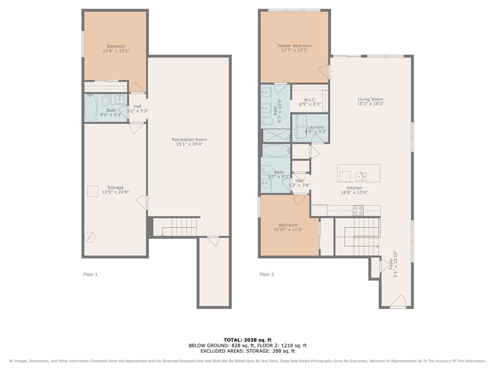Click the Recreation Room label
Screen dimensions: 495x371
tap(189, 140)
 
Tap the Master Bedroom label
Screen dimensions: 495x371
tap(294, 46)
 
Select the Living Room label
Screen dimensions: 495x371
tap(370, 99)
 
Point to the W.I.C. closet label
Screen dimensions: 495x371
tap(310, 100)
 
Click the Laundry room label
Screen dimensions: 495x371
tap(316, 127)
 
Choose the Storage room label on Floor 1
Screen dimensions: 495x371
tap(115, 187)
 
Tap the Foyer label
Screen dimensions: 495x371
tap(391, 264)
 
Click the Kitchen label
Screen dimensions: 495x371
tap(354, 188)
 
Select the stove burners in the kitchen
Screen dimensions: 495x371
tap(358, 211)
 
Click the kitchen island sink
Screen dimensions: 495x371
tap(361, 176)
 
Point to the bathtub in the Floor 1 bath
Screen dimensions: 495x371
tap(90, 108)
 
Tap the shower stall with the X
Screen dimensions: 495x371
tap(276, 135)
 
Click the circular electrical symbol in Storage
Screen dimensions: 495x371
tap(90, 237)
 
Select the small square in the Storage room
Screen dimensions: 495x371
tap(93, 191)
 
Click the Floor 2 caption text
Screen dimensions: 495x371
tap(267, 274)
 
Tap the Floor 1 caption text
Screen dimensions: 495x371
tap(90, 274)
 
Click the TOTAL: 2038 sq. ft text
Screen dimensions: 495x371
tap(247, 340)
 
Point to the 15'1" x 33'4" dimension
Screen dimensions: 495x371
tap(189, 144)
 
